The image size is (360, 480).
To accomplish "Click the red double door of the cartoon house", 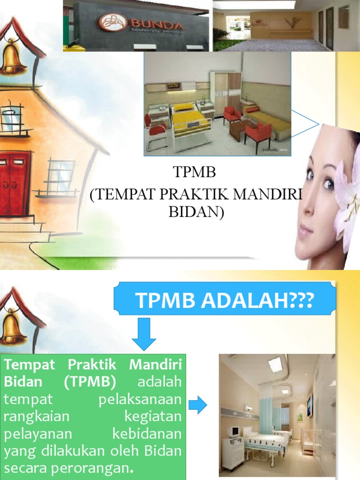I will pos(14,183).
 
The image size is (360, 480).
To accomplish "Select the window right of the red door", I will pos(60,176).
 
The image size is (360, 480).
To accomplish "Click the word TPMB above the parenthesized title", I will pos(195,173).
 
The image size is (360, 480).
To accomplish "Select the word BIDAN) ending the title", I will pos(196,212).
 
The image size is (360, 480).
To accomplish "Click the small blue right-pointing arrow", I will pos(197,405).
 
